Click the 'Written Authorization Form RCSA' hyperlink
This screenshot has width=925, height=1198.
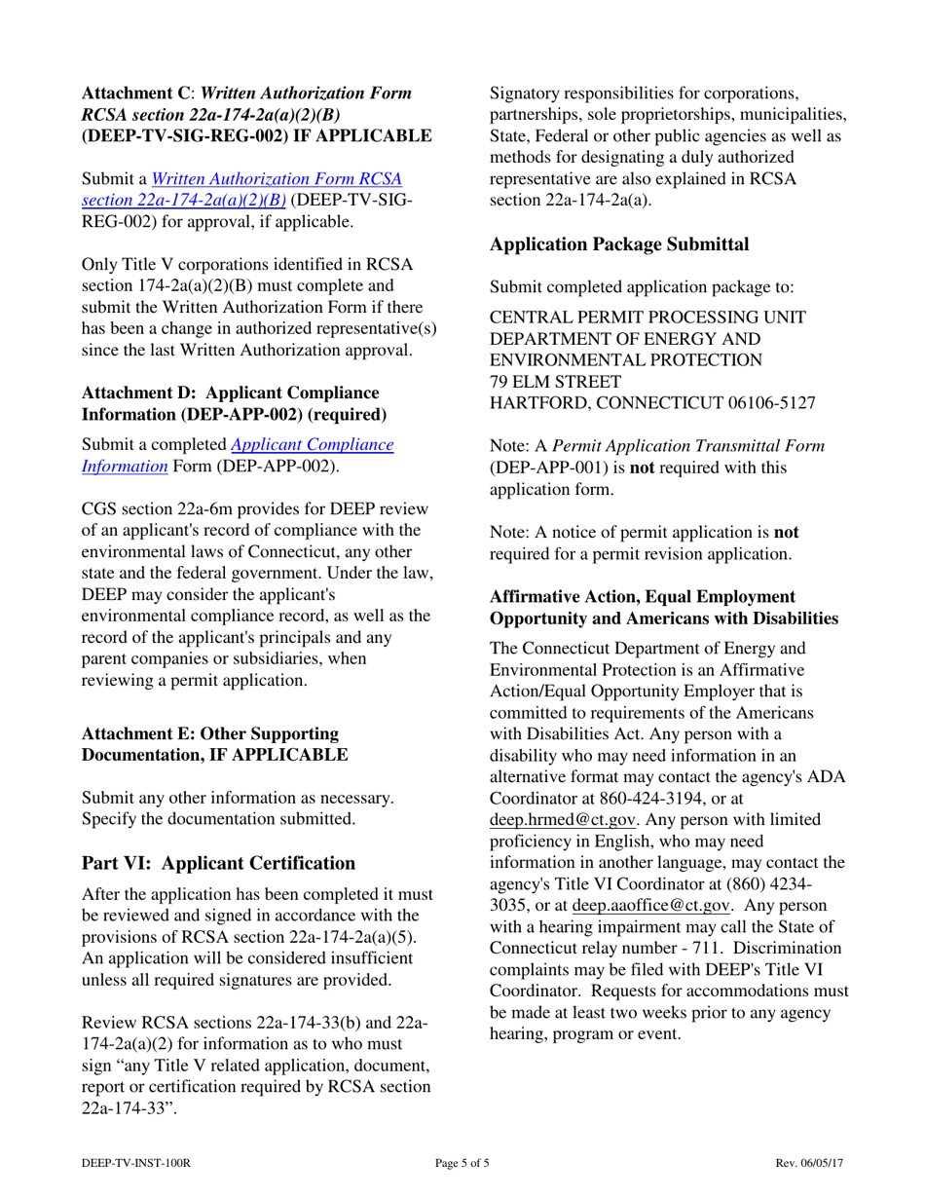277,180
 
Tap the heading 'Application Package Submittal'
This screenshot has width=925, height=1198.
619,245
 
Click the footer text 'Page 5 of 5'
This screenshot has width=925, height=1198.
462,1162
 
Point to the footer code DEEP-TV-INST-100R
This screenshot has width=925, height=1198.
135,1162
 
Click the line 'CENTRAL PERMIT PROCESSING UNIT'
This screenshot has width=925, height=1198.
647,318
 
